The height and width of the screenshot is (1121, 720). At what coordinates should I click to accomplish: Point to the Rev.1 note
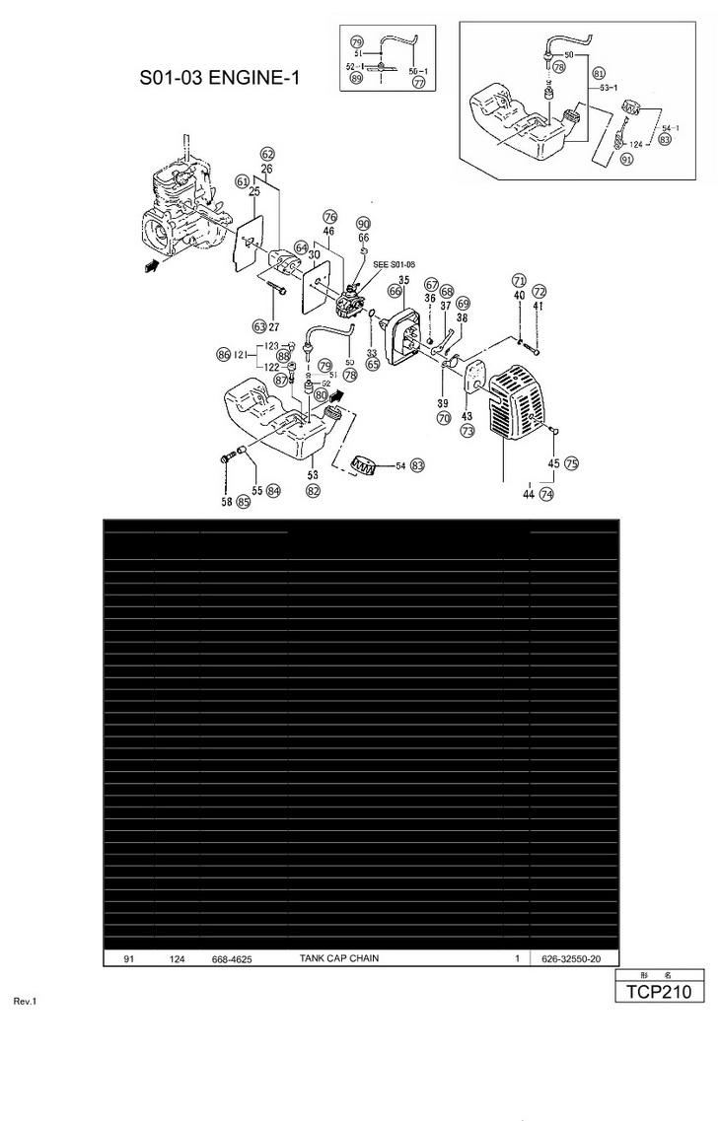coord(25,1002)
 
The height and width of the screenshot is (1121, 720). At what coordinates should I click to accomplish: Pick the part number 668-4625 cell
coord(231,958)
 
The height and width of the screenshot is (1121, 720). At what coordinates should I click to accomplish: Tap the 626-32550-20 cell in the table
coord(572,958)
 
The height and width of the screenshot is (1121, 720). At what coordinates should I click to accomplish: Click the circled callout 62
coord(267,154)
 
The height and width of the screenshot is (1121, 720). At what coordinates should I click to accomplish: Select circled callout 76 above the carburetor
coord(329,217)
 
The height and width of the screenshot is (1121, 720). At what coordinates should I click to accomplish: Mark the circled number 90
coord(363,224)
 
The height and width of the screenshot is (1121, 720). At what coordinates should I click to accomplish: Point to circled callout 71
coord(519,281)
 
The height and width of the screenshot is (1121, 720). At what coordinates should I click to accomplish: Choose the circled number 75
coord(571,463)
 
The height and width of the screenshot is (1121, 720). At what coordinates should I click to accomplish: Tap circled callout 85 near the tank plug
coord(243,502)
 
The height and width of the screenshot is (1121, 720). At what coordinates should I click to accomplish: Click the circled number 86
coord(224,354)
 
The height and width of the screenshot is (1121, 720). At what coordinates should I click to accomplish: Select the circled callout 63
coord(259,326)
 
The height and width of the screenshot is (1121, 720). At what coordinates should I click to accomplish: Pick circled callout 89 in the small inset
coord(355,78)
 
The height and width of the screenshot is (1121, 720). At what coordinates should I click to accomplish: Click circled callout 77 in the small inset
coord(418,84)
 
